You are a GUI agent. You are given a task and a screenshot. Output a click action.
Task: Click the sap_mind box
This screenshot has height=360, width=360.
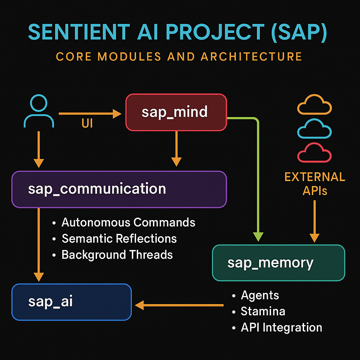point(176,112)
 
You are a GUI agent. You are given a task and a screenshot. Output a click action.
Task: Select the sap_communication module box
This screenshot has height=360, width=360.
point(119,189)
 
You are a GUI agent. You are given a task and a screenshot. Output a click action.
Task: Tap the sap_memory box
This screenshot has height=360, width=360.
point(278,263)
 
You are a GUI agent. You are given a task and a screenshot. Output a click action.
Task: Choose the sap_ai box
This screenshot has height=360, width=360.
point(72,302)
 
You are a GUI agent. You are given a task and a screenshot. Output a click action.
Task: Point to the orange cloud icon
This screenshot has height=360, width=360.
point(314,104)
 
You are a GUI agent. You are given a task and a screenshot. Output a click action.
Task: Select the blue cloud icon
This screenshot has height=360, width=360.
point(314,129)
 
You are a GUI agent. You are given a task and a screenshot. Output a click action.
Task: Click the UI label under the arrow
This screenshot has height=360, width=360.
point(87,123)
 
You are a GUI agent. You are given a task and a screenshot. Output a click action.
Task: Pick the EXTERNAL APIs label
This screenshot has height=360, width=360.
point(315,184)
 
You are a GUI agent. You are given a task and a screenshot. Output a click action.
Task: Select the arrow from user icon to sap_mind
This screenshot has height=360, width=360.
point(90,114)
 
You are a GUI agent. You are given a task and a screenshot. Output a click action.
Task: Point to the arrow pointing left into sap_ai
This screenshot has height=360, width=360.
point(179,305)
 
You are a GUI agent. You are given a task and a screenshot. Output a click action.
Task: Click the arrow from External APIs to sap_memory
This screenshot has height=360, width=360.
point(315,221)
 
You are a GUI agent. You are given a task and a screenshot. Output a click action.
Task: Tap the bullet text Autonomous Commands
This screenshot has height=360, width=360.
point(128,222)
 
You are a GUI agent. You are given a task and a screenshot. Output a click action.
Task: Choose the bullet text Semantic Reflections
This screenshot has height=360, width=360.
point(119,239)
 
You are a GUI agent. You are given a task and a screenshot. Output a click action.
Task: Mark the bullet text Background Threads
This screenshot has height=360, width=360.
point(117,255)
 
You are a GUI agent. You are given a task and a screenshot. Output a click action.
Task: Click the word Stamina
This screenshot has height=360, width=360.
point(263,311)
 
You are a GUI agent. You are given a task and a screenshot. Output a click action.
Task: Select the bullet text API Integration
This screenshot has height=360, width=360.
point(282,328)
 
